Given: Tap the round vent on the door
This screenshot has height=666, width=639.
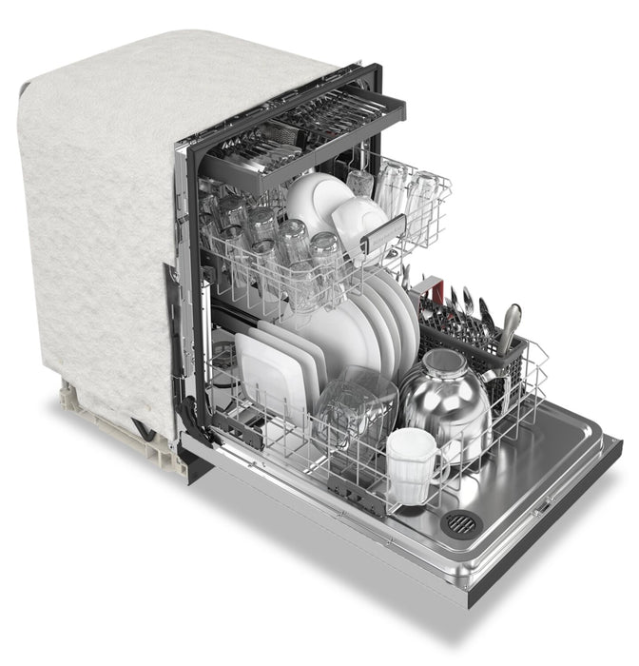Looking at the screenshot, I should (x=461, y=521).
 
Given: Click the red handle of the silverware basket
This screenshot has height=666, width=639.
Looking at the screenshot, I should (x=436, y=285).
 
